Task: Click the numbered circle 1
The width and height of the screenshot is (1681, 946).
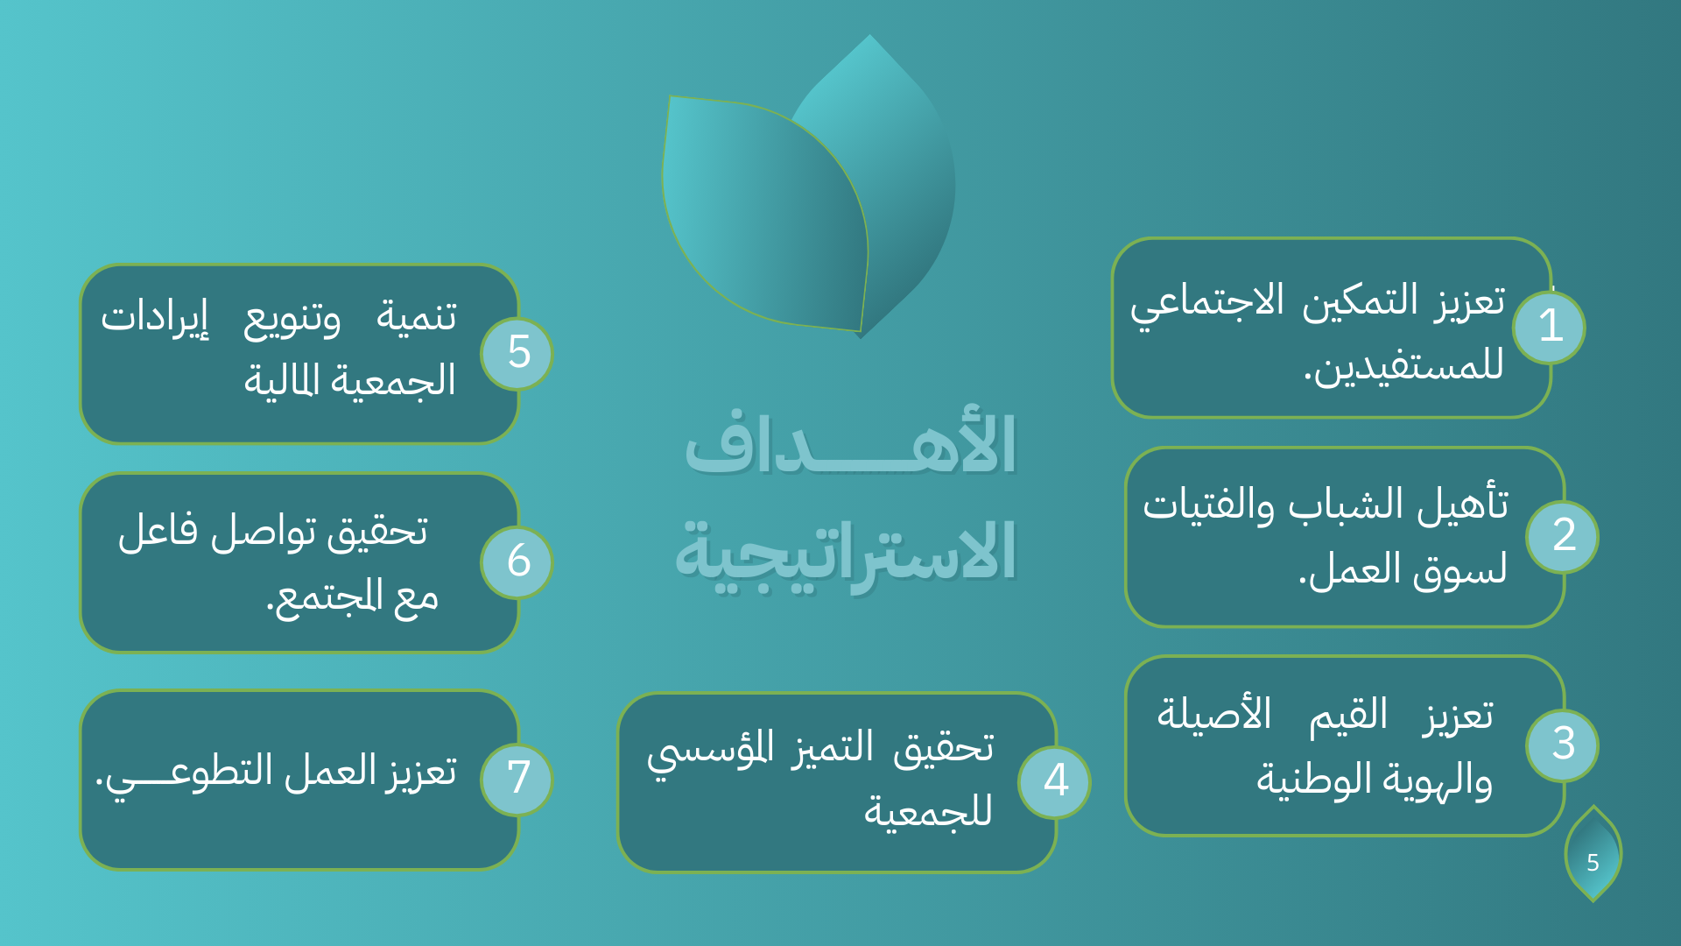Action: click(1549, 328)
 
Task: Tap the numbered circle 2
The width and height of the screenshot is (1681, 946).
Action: click(1562, 536)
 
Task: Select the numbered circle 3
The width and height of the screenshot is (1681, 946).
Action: click(1562, 745)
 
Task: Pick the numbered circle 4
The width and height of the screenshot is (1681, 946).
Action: click(1054, 781)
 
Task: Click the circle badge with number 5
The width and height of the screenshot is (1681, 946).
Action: click(517, 353)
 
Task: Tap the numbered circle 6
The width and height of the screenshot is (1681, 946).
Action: click(517, 561)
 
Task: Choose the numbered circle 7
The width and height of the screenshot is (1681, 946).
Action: click(517, 779)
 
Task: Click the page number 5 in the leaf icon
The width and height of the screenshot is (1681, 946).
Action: click(1593, 863)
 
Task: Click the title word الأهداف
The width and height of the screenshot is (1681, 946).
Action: click(849, 445)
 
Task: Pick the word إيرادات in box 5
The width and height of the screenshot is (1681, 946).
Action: click(155, 317)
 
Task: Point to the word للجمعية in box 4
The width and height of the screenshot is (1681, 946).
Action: click(928, 811)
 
